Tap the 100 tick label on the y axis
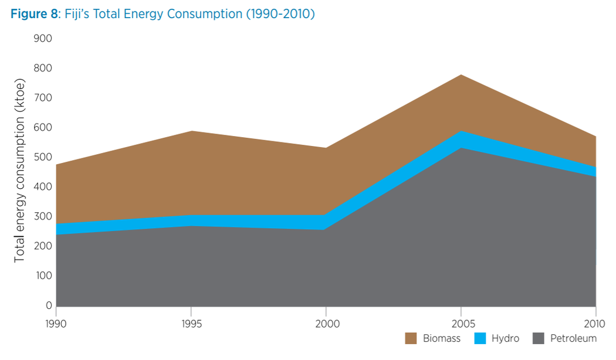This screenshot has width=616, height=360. tap(44, 276)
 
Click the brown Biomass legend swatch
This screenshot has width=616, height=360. tap(411, 338)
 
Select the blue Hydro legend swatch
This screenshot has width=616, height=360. tap(480, 338)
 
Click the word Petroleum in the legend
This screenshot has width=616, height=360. tap(573, 338)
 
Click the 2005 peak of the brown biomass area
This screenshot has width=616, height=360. tap(461, 76)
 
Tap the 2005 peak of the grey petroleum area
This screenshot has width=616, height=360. tap(461, 148)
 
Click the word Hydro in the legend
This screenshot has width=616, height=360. tap(505, 338)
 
